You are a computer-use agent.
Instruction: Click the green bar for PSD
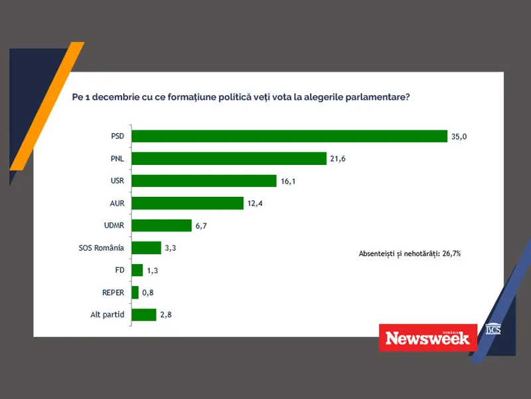point(289,136)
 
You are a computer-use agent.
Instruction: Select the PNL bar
point(230,158)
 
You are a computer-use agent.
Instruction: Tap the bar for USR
point(204,181)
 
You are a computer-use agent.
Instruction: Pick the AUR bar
point(188,203)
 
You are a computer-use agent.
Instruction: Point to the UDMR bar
point(162,225)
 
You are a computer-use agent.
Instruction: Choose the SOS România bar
point(147,248)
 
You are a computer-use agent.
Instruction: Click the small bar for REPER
point(135,293)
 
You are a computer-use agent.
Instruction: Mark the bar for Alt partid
point(144,315)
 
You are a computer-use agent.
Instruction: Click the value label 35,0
point(460,136)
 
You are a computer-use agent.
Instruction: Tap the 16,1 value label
point(288,181)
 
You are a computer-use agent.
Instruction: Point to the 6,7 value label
point(201,226)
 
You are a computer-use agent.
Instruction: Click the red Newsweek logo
point(427,337)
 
